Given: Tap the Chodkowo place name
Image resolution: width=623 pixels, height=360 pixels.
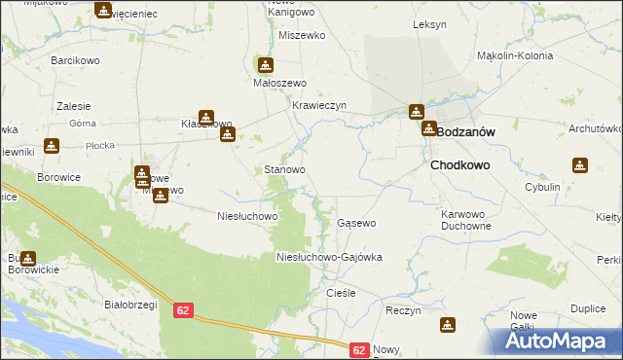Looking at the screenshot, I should pos(459,165).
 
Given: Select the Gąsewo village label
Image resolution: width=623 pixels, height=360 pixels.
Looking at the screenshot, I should pos(356,223).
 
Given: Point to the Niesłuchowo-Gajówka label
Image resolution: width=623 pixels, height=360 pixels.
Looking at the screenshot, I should pos(330,257).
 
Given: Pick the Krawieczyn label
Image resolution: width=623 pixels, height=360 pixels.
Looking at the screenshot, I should pos(319,105).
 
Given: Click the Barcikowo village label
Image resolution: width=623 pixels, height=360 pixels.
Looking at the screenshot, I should pos(75,59).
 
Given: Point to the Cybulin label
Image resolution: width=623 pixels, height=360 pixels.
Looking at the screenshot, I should pos(569,187).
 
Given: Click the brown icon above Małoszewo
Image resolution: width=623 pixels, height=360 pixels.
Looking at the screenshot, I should pos(264,65).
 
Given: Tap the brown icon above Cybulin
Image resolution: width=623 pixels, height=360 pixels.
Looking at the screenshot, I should pos(581,165).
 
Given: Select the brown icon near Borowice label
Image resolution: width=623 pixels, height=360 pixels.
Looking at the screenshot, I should pos(52,147).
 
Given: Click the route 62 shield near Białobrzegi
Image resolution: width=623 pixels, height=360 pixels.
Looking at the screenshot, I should pos(184,309).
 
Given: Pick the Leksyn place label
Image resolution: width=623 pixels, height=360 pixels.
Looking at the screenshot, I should pos(429,23).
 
